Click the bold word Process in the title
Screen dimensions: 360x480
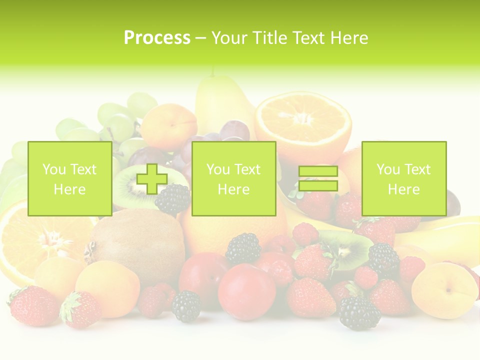coord(157,38)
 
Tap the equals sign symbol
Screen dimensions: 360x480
coord(318,179)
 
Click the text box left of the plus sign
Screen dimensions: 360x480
coord(69,179)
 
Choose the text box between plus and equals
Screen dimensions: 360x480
coord(233,179)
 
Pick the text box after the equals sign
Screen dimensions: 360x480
coord(403,179)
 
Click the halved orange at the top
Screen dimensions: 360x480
coord(302,120)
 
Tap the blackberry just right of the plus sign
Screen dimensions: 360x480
coord(173,199)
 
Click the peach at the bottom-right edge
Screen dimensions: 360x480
coord(443,290)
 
